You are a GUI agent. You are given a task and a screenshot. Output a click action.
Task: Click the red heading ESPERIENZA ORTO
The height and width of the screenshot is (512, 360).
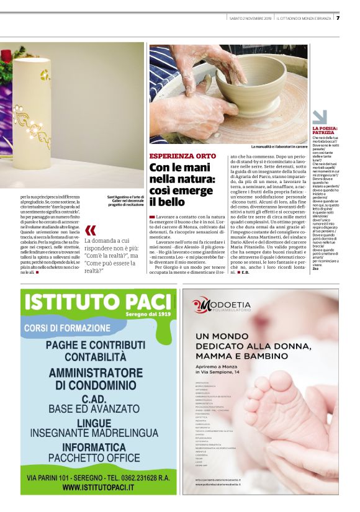tap(182, 156)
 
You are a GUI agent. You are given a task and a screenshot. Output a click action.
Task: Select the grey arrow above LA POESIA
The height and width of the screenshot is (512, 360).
tap(320, 117)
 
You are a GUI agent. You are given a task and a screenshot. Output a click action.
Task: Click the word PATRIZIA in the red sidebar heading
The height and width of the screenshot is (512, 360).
tap(323, 132)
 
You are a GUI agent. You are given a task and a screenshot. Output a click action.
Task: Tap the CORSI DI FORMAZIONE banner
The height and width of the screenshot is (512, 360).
tap(68, 327)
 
